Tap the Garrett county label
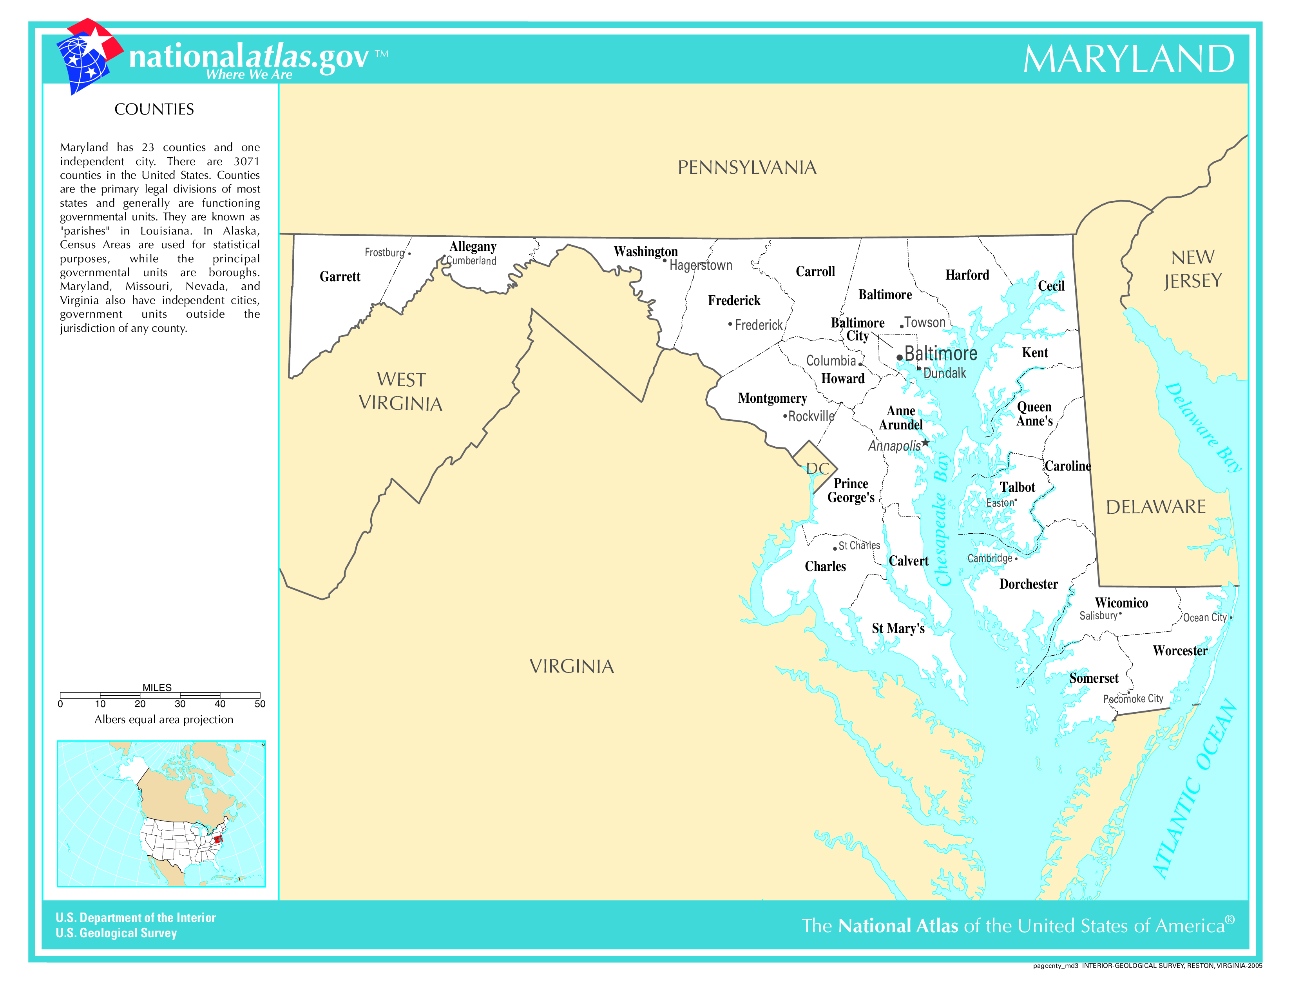(x=340, y=276)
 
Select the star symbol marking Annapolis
(x=925, y=442)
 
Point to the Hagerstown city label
(x=701, y=265)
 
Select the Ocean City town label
(x=1205, y=617)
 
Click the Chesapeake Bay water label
(x=942, y=519)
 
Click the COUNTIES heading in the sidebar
(x=154, y=109)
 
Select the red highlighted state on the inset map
(x=217, y=839)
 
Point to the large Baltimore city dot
(x=899, y=357)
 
